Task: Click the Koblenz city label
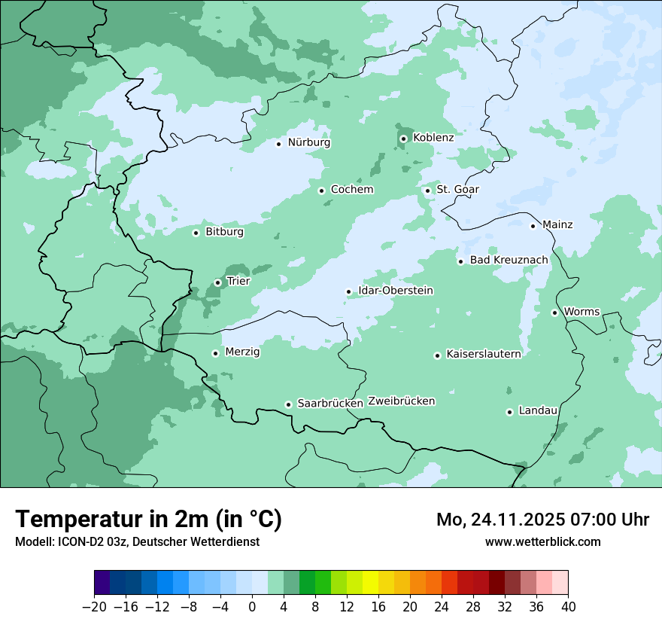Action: tap(433, 138)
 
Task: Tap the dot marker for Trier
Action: tap(218, 283)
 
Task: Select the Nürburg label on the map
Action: tap(308, 142)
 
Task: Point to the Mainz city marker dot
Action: tap(533, 226)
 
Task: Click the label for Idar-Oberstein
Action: tap(396, 291)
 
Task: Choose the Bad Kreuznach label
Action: tap(509, 260)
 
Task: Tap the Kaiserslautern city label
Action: tap(483, 354)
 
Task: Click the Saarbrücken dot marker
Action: tap(288, 404)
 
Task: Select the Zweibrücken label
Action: tap(402, 401)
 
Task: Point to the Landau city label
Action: tap(538, 410)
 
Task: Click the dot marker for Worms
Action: tap(554, 312)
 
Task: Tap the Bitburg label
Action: tap(224, 232)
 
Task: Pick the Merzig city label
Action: tap(242, 352)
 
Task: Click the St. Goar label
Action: tap(457, 189)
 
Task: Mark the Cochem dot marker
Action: tap(321, 191)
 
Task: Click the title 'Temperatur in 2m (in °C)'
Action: tap(148, 519)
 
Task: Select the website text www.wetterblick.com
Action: tap(542, 541)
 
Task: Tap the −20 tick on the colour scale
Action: tap(95, 607)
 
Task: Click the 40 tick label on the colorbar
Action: tap(568, 607)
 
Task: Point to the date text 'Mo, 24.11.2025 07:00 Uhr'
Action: tap(542, 520)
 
